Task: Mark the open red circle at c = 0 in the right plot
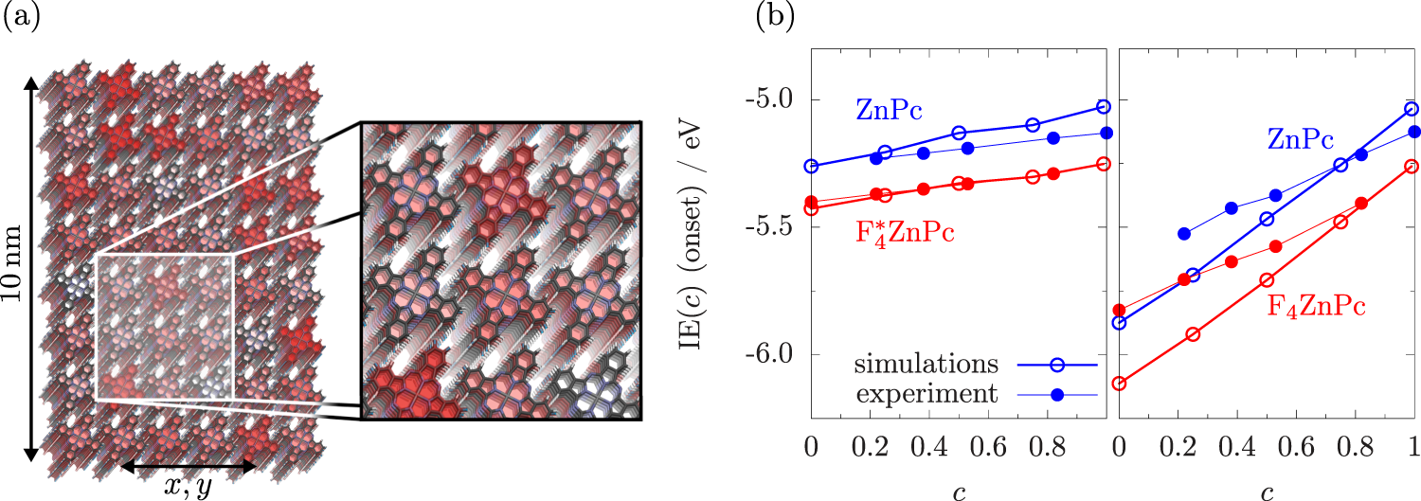(x=1120, y=384)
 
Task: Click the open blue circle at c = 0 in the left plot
(x=811, y=166)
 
